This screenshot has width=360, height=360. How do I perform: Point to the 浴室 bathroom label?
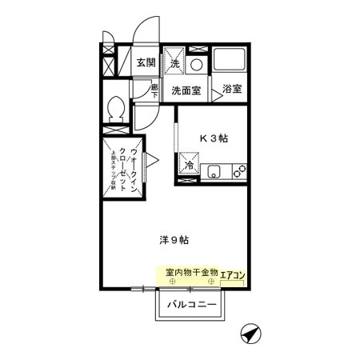point(232,89)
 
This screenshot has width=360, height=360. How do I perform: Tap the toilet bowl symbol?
point(115,108)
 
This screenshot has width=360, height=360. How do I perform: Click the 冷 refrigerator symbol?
point(190,166)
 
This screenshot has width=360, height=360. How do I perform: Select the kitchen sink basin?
point(214,170)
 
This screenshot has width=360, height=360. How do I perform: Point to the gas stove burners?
point(238,170)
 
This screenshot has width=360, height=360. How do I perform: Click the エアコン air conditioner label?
point(233,274)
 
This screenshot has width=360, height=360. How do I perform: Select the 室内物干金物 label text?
point(191,273)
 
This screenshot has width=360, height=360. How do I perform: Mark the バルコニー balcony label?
point(191,305)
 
